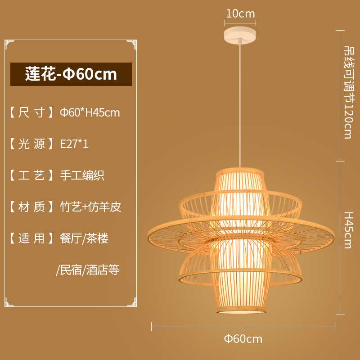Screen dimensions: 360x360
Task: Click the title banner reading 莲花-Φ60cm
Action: (71, 74)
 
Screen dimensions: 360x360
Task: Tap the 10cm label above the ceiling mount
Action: (240, 14)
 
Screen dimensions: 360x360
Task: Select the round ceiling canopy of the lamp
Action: (240, 34)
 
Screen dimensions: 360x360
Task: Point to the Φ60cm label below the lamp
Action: (243, 338)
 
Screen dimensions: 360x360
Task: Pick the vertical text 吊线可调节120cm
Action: (348, 92)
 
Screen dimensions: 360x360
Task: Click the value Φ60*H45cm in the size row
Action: (90, 112)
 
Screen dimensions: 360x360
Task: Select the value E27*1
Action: (74, 144)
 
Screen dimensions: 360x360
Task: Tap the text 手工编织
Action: (82, 175)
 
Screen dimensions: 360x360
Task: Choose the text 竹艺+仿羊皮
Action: (90, 207)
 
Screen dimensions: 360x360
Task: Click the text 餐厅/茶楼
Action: (84, 238)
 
